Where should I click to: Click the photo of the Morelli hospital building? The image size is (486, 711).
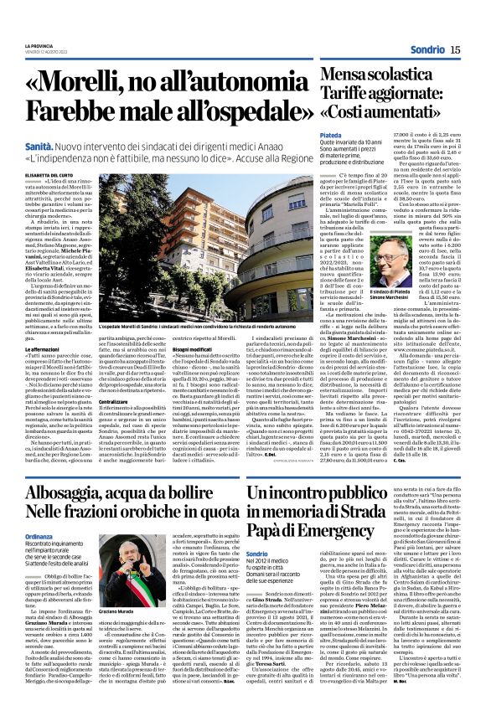point(202,234)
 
